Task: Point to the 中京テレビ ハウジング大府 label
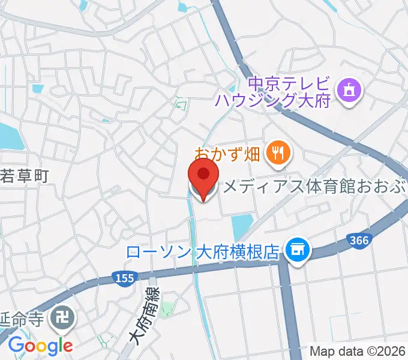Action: click(x=290, y=91)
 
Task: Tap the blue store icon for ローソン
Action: click(x=296, y=247)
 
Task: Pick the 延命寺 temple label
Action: click(x=21, y=317)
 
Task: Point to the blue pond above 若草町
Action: click(x=9, y=135)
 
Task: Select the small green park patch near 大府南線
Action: click(x=167, y=310)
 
